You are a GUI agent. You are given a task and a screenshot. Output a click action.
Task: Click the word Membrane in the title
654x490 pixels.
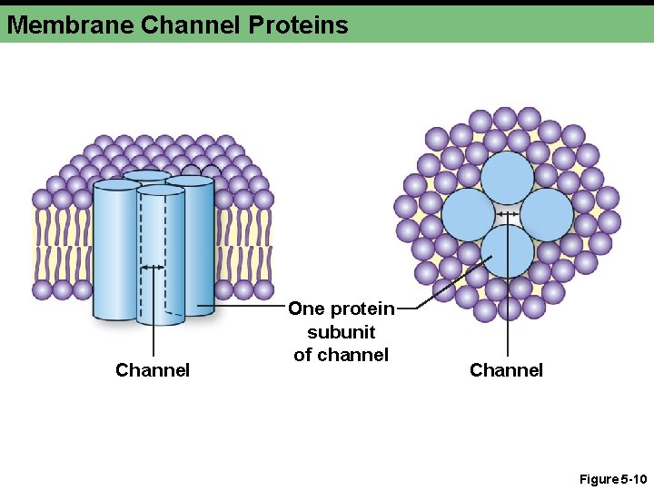point(70,24)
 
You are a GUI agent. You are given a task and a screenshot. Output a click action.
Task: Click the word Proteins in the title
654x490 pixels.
point(297,24)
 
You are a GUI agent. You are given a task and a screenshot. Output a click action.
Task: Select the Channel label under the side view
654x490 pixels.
point(153,370)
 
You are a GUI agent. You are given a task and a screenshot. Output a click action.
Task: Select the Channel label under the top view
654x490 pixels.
point(506,370)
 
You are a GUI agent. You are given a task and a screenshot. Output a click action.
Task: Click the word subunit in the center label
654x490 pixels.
point(342,332)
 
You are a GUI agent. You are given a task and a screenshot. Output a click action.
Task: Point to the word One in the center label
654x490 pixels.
point(306,309)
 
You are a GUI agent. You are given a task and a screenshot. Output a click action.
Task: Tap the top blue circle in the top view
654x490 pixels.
point(507,178)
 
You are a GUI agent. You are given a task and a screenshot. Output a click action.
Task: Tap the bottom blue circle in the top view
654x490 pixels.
point(507,250)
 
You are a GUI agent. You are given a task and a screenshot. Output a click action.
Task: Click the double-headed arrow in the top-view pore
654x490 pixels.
point(507,214)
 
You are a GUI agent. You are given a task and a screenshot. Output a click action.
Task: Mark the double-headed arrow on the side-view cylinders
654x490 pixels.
point(154,268)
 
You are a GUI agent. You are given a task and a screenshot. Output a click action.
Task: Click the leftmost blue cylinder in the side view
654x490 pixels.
point(116,250)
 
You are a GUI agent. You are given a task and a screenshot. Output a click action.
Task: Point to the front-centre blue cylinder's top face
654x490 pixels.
point(161,191)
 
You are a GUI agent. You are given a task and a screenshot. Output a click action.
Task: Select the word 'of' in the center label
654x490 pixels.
point(303,355)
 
